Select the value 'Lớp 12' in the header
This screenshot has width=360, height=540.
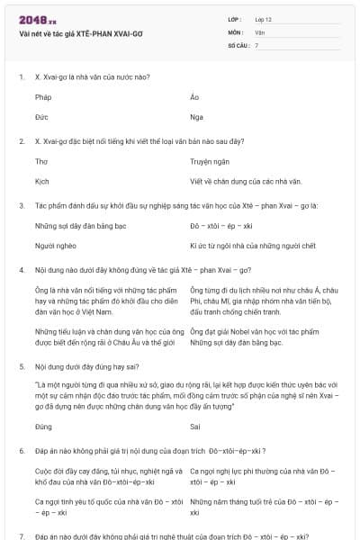(264, 19)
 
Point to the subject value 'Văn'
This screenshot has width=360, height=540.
(259, 31)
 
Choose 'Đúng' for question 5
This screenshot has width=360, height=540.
(43, 426)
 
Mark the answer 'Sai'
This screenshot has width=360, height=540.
(195, 426)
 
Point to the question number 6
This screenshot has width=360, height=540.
(21, 447)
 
